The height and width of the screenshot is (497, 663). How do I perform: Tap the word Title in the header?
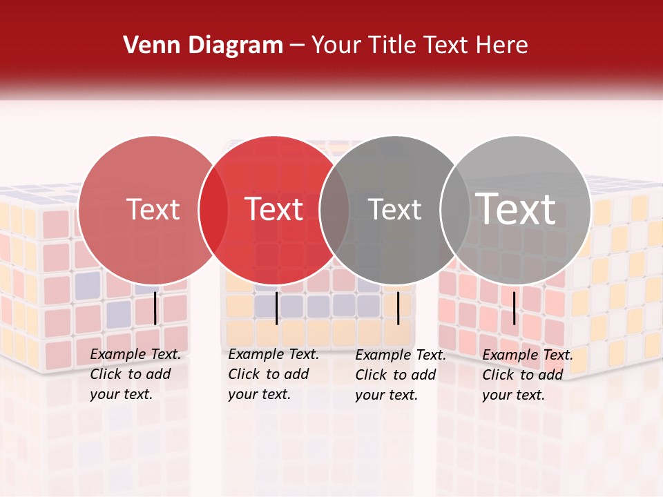(x=393, y=45)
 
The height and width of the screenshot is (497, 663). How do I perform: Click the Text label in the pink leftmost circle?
(x=153, y=209)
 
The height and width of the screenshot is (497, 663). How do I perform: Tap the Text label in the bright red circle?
(x=273, y=209)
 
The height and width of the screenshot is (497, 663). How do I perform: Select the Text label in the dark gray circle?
(x=394, y=209)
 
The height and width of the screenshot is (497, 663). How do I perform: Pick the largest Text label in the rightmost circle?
(x=516, y=209)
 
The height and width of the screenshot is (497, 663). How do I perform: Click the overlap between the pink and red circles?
(x=213, y=210)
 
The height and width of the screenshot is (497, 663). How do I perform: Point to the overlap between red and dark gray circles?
(x=334, y=210)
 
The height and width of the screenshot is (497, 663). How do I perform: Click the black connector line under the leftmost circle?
(x=155, y=308)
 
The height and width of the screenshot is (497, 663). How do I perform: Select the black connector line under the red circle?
(x=276, y=308)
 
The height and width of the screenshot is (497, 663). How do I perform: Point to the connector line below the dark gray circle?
(x=398, y=308)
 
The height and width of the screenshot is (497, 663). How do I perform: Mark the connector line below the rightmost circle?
(x=514, y=308)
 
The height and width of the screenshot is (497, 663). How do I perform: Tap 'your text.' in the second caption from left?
(x=259, y=394)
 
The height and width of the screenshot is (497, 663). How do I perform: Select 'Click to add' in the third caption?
(x=396, y=374)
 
